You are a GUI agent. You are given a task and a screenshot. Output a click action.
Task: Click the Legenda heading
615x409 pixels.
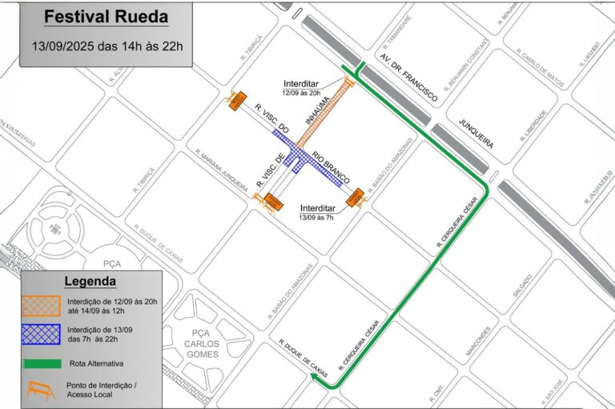[90, 281]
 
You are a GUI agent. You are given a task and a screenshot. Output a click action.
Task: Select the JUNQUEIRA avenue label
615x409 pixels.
[476, 134]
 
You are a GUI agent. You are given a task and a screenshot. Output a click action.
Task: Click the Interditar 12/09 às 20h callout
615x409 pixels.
[303, 87]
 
